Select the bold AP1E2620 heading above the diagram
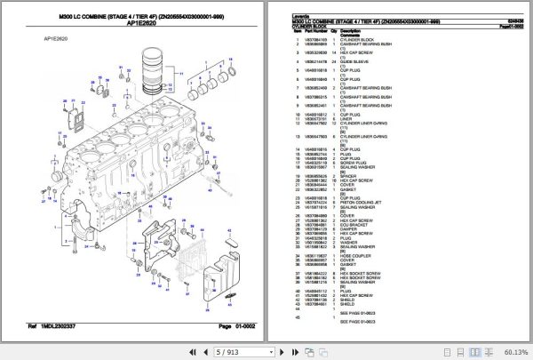[143, 23]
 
